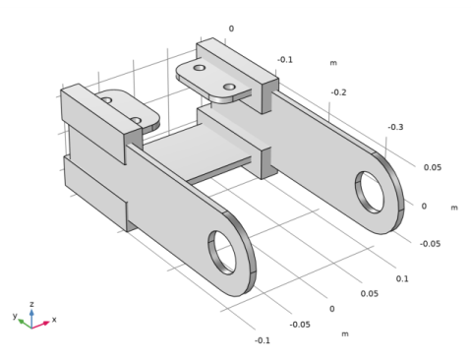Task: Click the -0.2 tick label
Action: point(338,92)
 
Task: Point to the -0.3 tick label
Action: point(395,127)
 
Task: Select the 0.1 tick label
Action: point(402,278)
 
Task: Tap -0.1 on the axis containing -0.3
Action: point(285,60)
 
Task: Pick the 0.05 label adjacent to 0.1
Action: point(370,293)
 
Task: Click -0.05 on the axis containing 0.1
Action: point(300,325)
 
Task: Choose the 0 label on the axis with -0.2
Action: point(231,29)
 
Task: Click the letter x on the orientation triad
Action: point(54,319)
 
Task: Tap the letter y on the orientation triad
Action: point(15,316)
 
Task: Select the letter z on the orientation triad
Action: point(31,304)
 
